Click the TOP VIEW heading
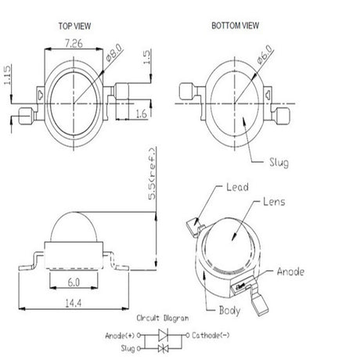(x=74, y=26)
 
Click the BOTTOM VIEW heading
(x=236, y=26)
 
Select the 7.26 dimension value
(x=74, y=43)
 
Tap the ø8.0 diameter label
(x=114, y=52)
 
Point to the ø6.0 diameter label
(x=265, y=54)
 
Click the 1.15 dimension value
(x=7, y=75)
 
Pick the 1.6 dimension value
(x=141, y=113)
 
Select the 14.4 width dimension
(x=74, y=303)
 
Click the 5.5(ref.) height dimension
(x=152, y=174)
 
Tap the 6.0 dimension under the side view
(x=74, y=283)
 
